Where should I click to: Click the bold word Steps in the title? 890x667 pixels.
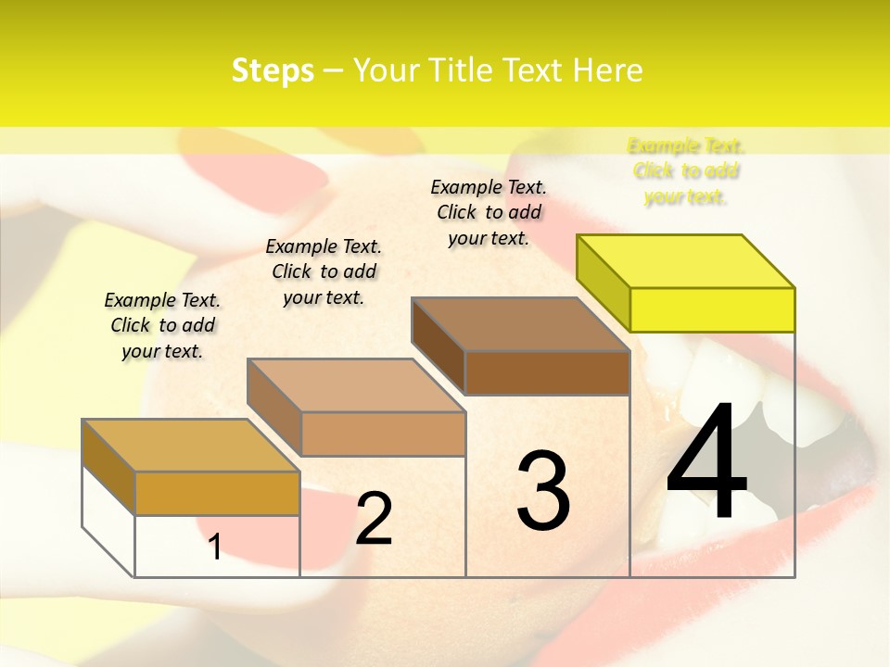tap(273, 70)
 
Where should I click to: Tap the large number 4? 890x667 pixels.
tap(706, 466)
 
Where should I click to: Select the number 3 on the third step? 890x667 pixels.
tap(542, 491)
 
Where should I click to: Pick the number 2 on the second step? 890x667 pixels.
tap(374, 519)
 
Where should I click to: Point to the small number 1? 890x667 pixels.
tap(215, 547)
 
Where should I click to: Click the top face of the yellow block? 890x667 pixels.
tap(686, 260)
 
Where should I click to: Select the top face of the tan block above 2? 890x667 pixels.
tap(356, 385)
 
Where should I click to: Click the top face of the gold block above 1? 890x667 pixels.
tap(191, 446)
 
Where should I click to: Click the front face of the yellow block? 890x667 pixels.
tap(712, 309)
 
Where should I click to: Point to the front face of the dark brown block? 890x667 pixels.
tap(547, 373)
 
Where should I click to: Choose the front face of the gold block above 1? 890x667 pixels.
tap(217, 493)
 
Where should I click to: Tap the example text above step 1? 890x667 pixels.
tap(162, 325)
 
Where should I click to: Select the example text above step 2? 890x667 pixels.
tap(324, 271)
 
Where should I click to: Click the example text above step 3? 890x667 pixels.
tap(489, 212)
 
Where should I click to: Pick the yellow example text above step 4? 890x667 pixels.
tap(686, 171)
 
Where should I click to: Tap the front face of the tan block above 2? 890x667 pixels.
tap(383, 434)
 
